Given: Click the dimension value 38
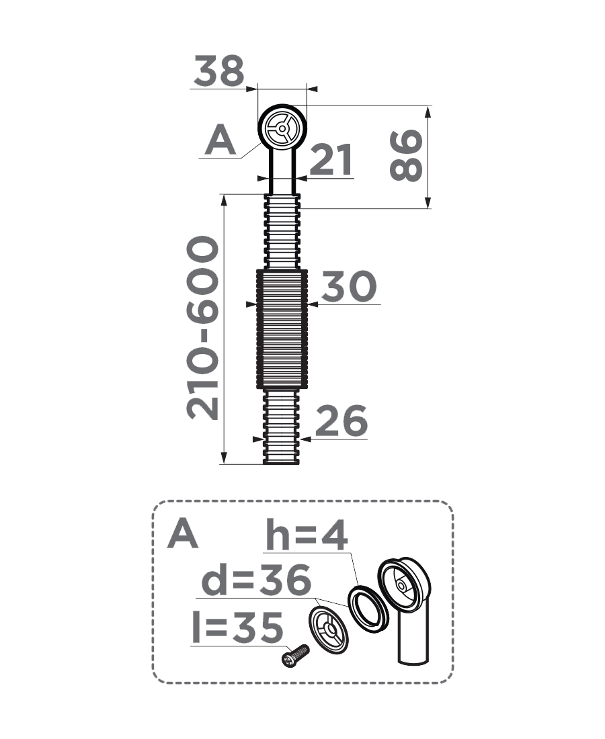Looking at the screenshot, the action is coord(218,71).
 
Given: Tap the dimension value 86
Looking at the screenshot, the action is coord(406,156).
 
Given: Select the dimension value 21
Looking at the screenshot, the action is coord(331,159).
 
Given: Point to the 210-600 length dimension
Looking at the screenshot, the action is coord(203,328).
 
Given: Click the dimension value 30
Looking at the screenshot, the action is coord(349,286).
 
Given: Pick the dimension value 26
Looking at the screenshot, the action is coord(341,421).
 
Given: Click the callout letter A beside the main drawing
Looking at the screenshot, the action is coord(220,140).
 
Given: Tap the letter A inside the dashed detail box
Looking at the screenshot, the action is coord(182,533).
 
